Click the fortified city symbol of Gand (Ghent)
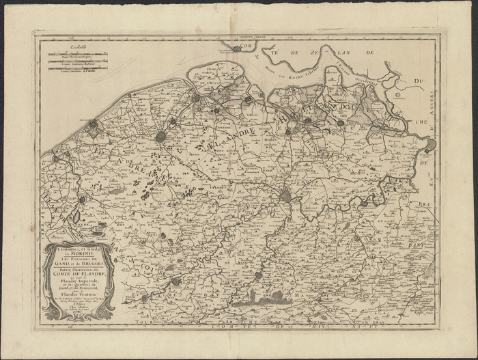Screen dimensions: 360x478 pyautogui.click(x=285, y=197)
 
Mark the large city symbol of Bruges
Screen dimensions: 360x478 pyautogui.click(x=161, y=137)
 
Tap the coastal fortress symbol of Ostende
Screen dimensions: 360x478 pyautogui.click(x=92, y=124)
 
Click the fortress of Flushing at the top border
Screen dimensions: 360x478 pyautogui.click(x=236, y=49)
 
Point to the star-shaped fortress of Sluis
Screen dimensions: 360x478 pyautogui.click(x=197, y=98)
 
